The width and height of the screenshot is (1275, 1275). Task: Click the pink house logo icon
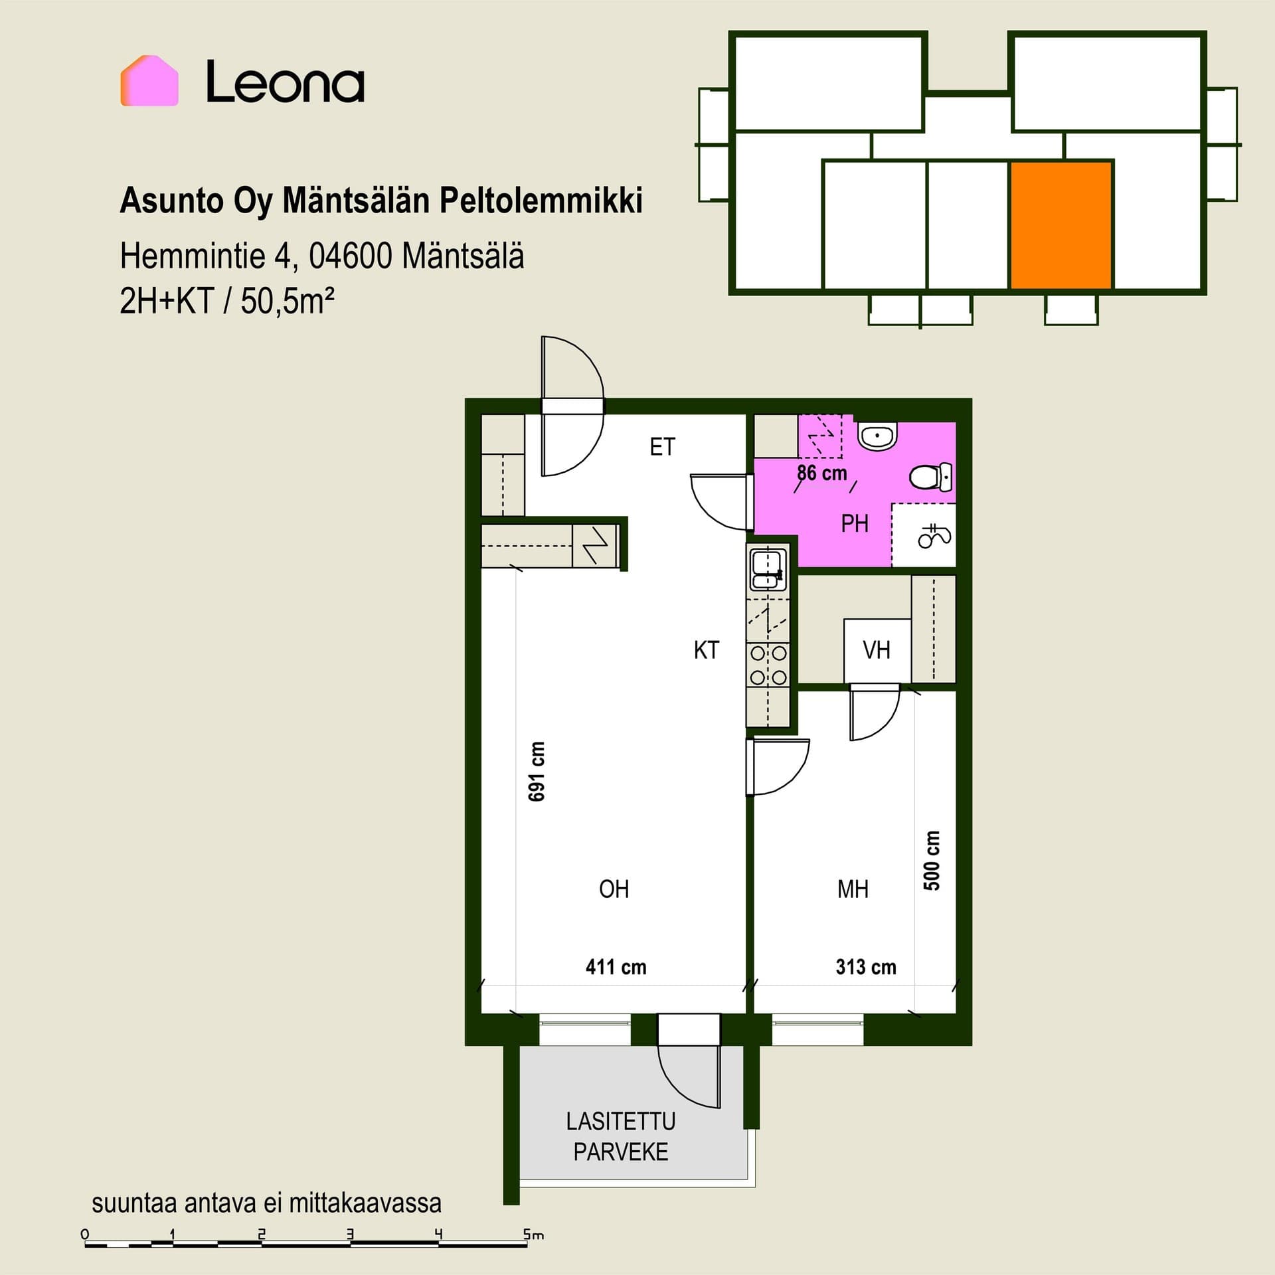click(149, 80)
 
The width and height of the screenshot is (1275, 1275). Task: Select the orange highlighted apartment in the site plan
click(1061, 226)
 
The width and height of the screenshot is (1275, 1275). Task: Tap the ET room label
click(662, 447)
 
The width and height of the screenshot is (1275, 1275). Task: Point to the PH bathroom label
click(855, 523)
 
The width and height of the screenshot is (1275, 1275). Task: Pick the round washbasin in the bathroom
click(878, 436)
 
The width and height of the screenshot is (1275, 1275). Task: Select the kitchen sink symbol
click(768, 568)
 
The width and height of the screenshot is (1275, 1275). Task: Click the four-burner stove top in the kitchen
click(768, 665)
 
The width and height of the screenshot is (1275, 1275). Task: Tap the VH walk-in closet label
click(876, 649)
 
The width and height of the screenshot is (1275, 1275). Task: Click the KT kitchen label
click(706, 649)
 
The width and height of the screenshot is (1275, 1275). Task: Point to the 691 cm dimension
click(537, 771)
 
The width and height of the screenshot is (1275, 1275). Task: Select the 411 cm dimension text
click(616, 966)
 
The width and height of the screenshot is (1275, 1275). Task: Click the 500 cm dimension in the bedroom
click(932, 861)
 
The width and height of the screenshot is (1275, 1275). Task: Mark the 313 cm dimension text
click(866, 966)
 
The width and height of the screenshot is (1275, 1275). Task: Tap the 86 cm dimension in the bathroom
click(822, 473)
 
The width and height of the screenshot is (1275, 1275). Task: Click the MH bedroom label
click(853, 889)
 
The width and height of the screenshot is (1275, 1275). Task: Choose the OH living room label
click(614, 889)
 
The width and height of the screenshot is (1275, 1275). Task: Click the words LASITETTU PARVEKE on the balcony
click(621, 1136)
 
